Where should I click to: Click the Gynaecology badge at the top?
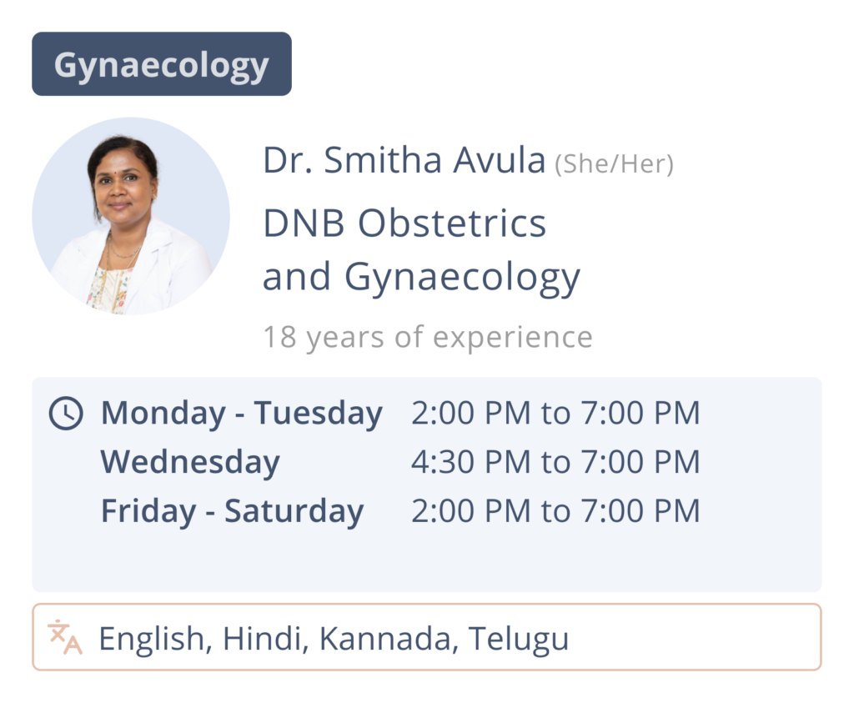pyautogui.click(x=162, y=63)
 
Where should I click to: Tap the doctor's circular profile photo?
pyautogui.click(x=131, y=216)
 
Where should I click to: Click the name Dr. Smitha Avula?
pyautogui.click(x=404, y=160)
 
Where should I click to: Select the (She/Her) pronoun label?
pyautogui.click(x=614, y=164)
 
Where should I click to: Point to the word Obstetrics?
pyautogui.click(x=451, y=223)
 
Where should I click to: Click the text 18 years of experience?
pyautogui.click(x=428, y=337)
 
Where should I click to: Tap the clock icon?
pyautogui.click(x=66, y=414)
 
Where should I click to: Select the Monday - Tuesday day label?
pyautogui.click(x=242, y=414)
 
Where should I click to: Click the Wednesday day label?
pyautogui.click(x=190, y=462)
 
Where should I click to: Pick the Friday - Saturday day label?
pyautogui.click(x=232, y=511)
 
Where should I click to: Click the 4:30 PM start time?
pyautogui.click(x=470, y=462)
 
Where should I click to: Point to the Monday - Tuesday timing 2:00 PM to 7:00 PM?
pyautogui.click(x=555, y=413)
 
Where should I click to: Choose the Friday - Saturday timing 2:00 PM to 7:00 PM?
pyautogui.click(x=555, y=510)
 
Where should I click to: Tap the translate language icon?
pyautogui.click(x=65, y=636)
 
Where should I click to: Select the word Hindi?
pyautogui.click(x=262, y=638)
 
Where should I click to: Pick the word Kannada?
pyautogui.click(x=384, y=638)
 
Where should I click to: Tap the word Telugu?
pyautogui.click(x=519, y=638)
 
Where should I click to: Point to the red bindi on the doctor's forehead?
pyautogui.click(x=122, y=163)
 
